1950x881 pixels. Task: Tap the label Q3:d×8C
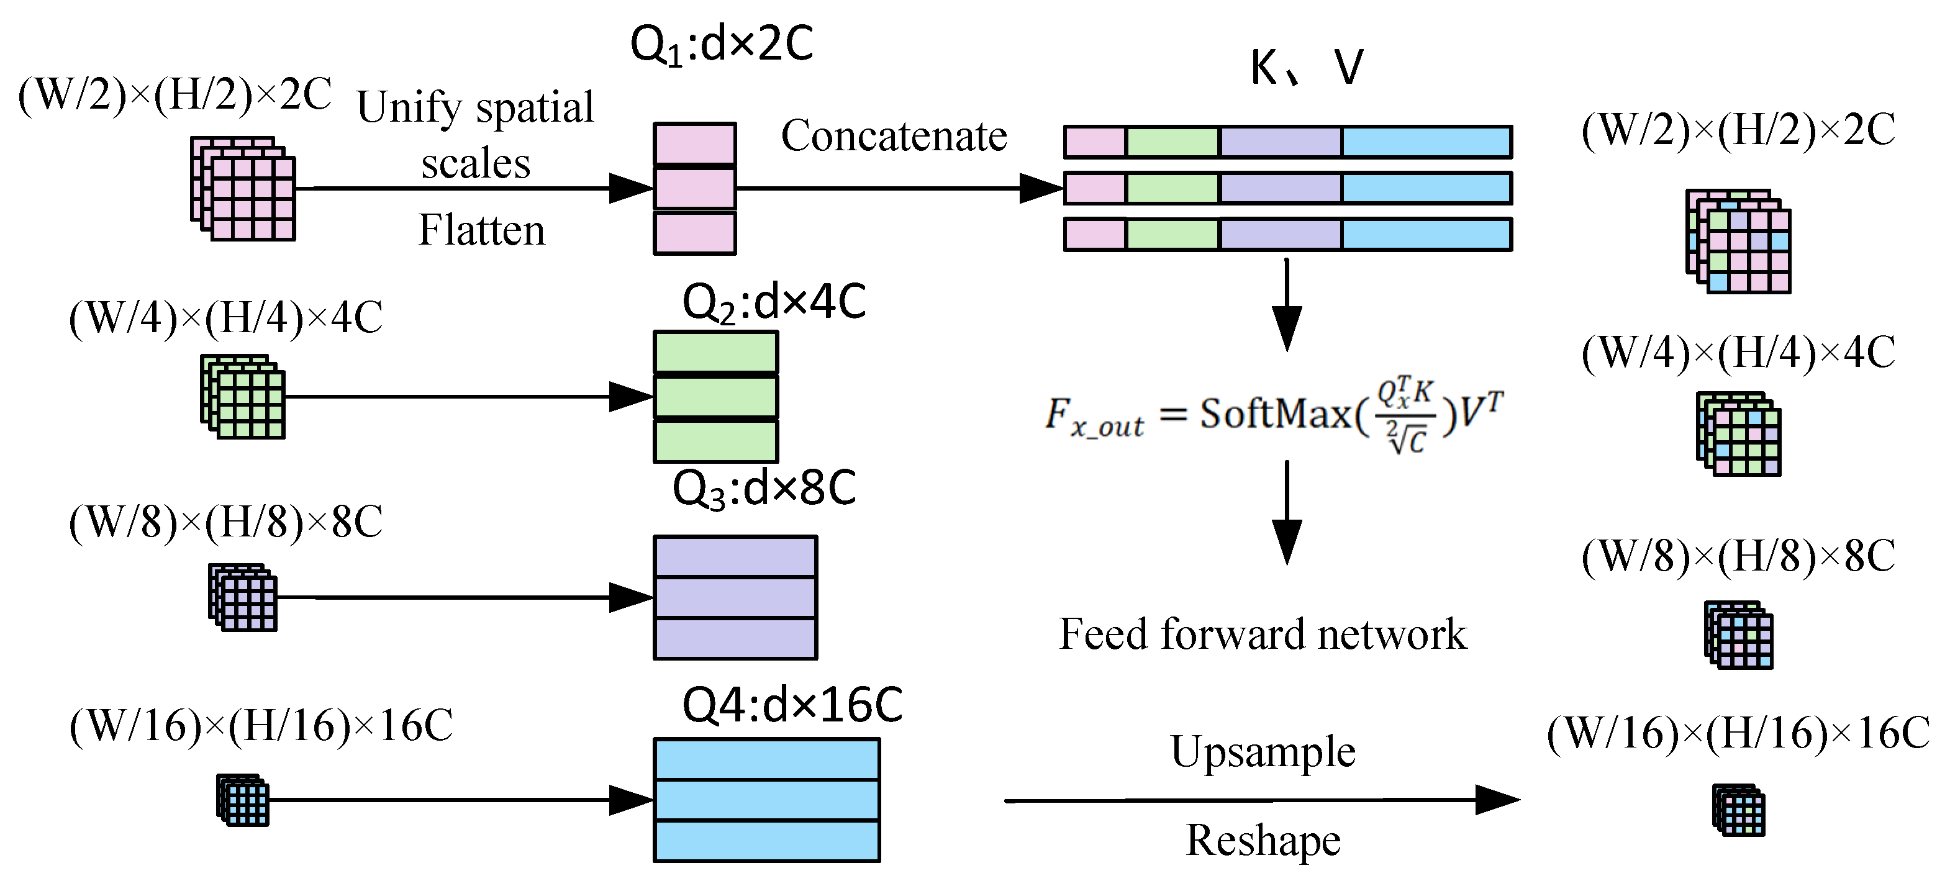coord(764,488)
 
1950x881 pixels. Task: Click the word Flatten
coord(481,230)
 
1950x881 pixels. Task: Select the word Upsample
coord(1263,752)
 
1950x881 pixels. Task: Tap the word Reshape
coord(1263,840)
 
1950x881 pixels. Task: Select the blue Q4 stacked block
coord(766,800)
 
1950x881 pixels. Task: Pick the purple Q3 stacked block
coord(735,597)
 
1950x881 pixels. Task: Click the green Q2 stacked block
coord(715,397)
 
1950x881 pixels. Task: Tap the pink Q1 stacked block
coord(694,189)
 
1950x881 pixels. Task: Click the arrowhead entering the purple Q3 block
coord(632,597)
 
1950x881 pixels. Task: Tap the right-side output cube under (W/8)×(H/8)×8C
coord(1738,635)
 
